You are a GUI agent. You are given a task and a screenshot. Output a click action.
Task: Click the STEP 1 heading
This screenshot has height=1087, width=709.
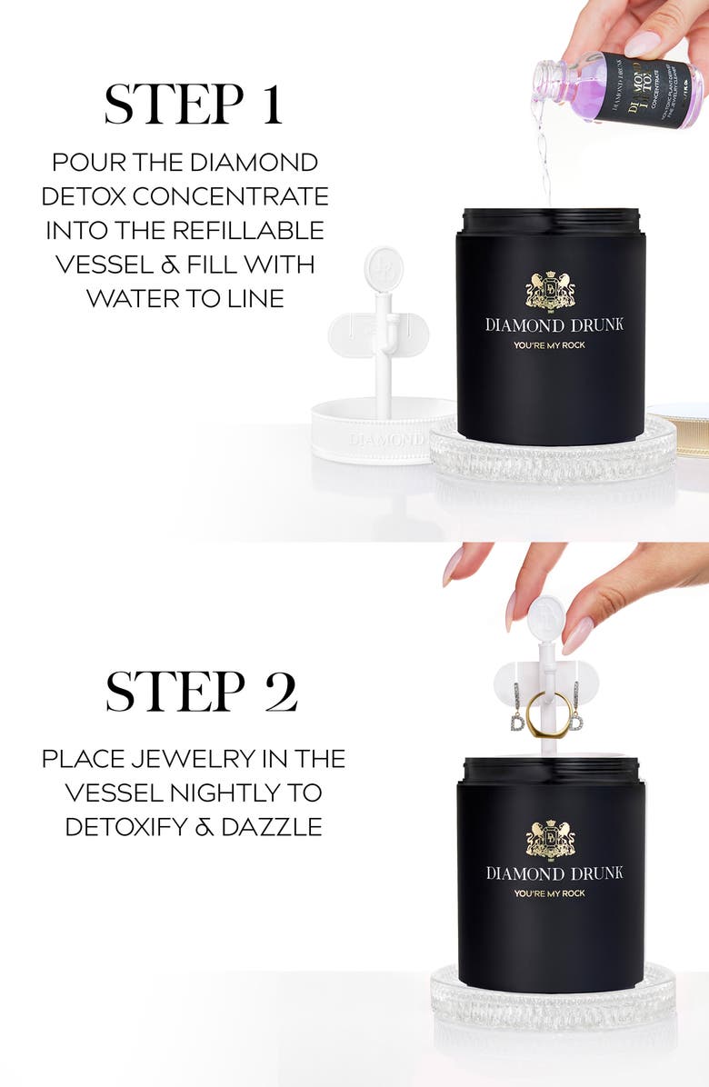pyautogui.click(x=193, y=105)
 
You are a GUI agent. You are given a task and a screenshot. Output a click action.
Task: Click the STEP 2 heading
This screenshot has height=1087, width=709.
pyautogui.click(x=201, y=693)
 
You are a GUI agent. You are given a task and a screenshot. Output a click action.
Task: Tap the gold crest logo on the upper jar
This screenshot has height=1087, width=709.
pyautogui.click(x=550, y=291)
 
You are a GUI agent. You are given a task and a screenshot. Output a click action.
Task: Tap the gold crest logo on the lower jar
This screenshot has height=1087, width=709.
pyautogui.click(x=550, y=838)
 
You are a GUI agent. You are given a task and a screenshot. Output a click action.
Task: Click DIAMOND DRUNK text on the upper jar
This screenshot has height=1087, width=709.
pyautogui.click(x=553, y=324)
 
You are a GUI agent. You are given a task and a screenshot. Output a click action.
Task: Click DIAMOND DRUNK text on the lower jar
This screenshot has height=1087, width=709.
pyautogui.click(x=553, y=873)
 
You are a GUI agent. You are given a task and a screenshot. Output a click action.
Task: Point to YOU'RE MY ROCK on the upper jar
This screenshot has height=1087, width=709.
pyautogui.click(x=550, y=346)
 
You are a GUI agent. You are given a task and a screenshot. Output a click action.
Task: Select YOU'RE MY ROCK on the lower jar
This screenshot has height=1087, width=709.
pyautogui.click(x=550, y=893)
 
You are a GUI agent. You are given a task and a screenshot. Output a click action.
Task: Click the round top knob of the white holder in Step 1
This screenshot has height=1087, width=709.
pyautogui.click(x=382, y=266)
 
